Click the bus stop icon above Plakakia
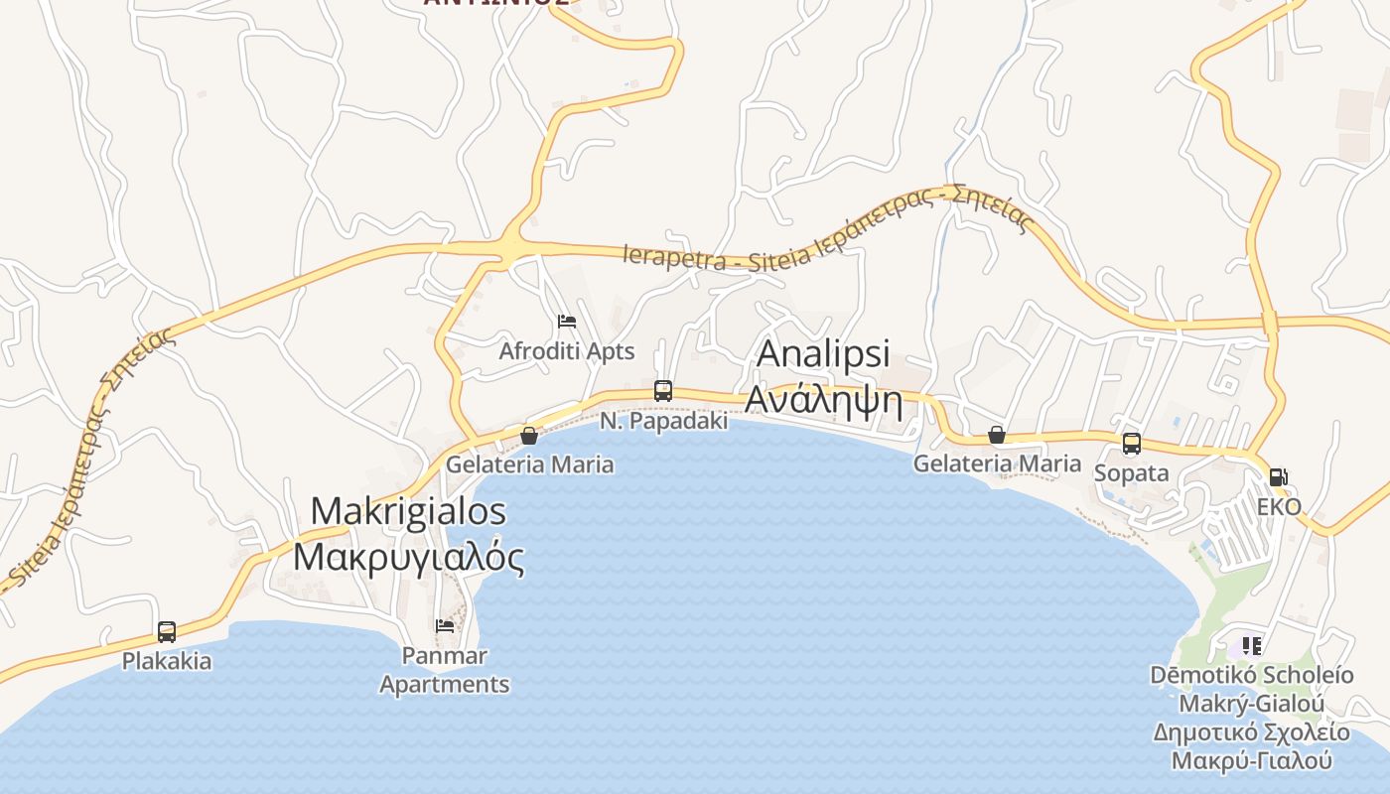167,632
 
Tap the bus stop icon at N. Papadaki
663,391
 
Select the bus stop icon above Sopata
1132,444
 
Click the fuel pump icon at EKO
1279,477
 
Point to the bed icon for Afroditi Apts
567,322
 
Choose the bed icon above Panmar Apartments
445,626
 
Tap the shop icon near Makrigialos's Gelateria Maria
529,436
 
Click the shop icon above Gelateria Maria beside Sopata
997,436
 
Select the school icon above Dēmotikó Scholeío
1252,646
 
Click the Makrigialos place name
408,512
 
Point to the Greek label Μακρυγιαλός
408,558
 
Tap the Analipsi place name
823,354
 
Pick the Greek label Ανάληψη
823,401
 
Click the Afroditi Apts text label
566,351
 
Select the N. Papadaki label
663,421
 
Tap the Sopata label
1131,473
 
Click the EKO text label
1279,507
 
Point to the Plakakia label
167,661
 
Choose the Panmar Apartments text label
445,670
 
